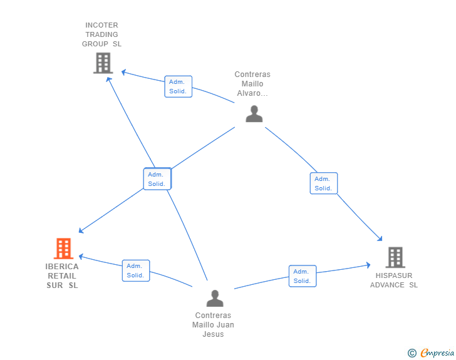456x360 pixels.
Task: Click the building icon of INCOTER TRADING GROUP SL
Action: [x=103, y=63]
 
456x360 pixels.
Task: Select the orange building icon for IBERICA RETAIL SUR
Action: [x=63, y=249]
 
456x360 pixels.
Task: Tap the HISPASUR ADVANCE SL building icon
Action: [x=395, y=257]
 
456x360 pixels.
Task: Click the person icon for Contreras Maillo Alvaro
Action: [x=254, y=113]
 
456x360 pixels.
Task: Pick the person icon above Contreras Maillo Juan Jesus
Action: [x=215, y=298]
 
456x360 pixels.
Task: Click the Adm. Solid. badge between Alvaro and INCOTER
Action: [x=178, y=86]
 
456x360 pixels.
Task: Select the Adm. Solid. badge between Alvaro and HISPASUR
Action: [x=323, y=183]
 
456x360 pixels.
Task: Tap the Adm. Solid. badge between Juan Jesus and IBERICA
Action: [x=135, y=270]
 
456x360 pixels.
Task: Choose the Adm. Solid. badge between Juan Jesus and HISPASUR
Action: [x=302, y=276]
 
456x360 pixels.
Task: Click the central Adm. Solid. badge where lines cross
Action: [x=157, y=179]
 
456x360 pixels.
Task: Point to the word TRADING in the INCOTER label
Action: [x=101, y=34]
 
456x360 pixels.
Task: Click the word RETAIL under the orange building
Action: [x=62, y=275]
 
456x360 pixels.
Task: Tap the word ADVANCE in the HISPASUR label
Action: [x=387, y=285]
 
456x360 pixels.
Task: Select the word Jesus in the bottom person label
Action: [x=213, y=334]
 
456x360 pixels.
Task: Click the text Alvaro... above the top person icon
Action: [x=252, y=93]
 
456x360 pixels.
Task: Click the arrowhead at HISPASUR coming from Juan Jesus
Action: [x=368, y=265]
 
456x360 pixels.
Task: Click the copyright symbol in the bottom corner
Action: [x=412, y=353]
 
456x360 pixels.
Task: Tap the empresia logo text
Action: [x=437, y=352]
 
